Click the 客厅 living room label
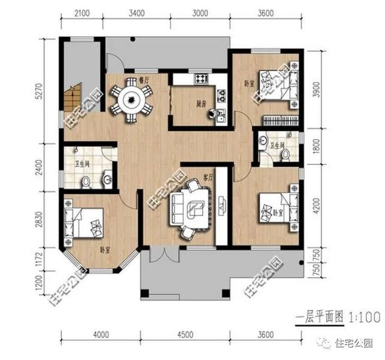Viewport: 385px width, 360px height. pyautogui.click(x=209, y=178)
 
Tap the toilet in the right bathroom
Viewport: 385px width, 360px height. pyautogui.click(x=285, y=155)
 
